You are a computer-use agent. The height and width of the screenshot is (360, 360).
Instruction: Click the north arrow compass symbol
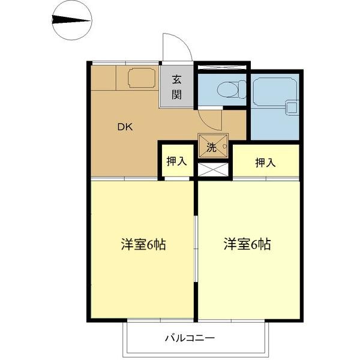pos(71,20)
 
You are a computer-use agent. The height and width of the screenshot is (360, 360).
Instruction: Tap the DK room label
pos(125,127)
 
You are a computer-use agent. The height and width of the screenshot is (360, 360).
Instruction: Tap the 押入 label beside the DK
pos(176,161)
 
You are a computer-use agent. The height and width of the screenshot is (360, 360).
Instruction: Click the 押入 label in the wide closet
pos(265,162)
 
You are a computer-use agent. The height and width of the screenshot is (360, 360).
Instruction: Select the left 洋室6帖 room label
pos(143,245)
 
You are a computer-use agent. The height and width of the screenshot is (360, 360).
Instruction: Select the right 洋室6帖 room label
pos(247,244)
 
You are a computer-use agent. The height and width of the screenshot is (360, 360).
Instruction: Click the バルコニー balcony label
pos(190,338)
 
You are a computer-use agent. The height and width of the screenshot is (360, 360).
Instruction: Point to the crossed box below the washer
pos(214,169)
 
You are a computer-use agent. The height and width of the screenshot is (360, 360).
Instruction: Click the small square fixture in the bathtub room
pos(292,108)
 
